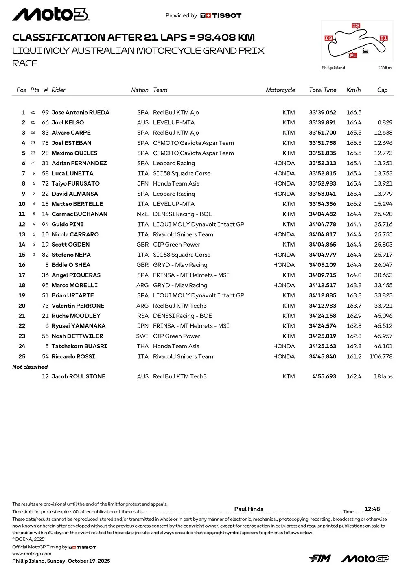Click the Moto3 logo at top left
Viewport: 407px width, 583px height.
click(x=50, y=15)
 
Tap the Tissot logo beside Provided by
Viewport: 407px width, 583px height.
click(x=221, y=15)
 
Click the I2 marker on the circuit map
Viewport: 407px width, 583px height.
click(x=356, y=26)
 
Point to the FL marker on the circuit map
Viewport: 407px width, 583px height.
click(x=353, y=55)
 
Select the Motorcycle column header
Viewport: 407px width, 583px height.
click(x=280, y=90)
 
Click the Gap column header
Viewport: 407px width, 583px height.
click(x=382, y=90)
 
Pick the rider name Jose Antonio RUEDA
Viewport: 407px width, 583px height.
click(x=81, y=112)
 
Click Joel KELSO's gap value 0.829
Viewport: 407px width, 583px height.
click(x=385, y=122)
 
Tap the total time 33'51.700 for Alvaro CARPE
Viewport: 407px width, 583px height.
click(x=322, y=133)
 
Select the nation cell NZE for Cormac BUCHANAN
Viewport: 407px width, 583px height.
click(x=142, y=214)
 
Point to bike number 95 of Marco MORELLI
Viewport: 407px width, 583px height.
click(x=45, y=285)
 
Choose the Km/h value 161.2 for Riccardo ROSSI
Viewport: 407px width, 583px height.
click(x=354, y=356)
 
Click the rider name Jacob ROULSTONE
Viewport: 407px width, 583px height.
click(x=79, y=376)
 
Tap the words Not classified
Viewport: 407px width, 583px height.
click(x=30, y=367)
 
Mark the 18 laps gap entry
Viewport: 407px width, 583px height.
click(x=383, y=376)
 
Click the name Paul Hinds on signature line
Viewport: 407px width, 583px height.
click(x=249, y=509)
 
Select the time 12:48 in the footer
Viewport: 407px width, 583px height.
click(x=372, y=509)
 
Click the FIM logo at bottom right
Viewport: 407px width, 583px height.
click(x=320, y=558)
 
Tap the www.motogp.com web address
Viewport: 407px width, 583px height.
click(x=32, y=553)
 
